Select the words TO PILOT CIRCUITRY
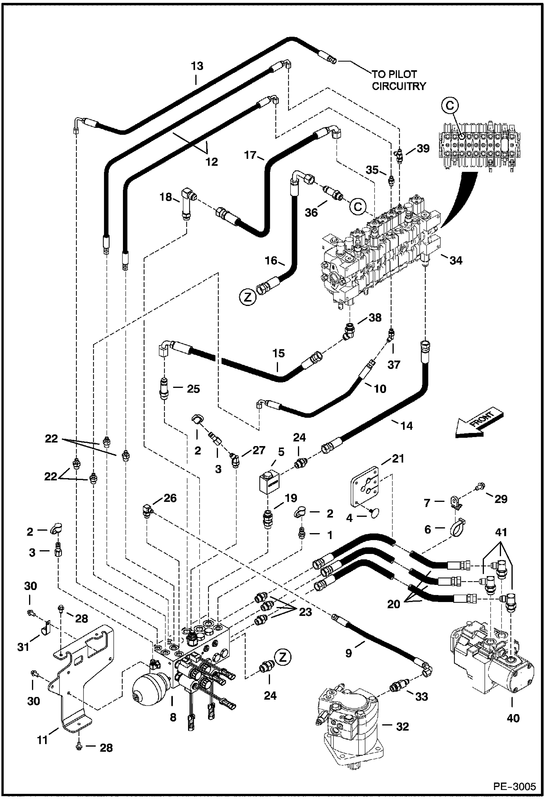[399, 80]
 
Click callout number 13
[197, 66]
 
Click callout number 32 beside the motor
[402, 727]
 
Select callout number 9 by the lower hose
[349, 653]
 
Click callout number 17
[250, 155]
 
